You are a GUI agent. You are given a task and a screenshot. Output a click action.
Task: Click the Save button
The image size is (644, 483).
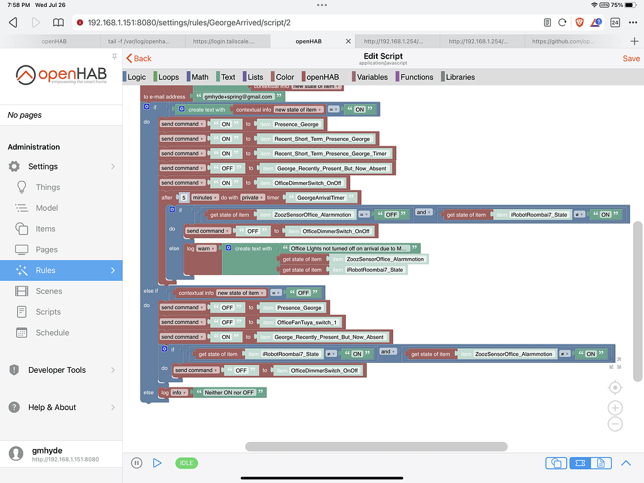coord(631,58)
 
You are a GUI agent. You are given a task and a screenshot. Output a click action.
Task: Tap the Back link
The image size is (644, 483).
coord(139,58)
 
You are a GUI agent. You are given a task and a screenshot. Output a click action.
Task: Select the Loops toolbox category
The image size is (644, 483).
coord(168,77)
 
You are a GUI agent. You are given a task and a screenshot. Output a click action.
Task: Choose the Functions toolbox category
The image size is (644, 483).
coord(416,77)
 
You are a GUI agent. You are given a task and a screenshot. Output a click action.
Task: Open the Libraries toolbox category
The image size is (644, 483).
coord(460,77)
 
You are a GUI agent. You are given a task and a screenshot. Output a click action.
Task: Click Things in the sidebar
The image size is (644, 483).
coord(48,187)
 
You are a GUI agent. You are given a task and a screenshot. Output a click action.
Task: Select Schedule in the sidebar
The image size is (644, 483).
coord(52,332)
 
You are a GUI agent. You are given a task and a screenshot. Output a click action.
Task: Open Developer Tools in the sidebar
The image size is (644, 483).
coord(57,370)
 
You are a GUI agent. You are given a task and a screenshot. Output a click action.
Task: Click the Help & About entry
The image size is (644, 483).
coord(52,407)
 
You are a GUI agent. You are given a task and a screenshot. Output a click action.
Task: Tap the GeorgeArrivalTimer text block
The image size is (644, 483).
coord(321,197)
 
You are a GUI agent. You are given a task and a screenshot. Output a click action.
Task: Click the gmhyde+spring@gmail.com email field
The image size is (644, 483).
coord(238,97)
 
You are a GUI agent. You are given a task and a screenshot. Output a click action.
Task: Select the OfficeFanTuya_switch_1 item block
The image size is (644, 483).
coord(307,322)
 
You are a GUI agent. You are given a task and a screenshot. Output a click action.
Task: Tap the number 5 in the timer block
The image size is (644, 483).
coord(184,197)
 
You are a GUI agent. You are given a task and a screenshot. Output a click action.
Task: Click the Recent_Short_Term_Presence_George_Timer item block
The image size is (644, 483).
coord(330,153)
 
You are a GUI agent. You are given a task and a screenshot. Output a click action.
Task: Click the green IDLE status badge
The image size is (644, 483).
coord(186,463)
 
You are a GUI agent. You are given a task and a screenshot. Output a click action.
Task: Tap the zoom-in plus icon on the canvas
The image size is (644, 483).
coord(615,407)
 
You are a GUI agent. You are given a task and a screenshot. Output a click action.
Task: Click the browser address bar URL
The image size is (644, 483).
coord(189,22)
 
